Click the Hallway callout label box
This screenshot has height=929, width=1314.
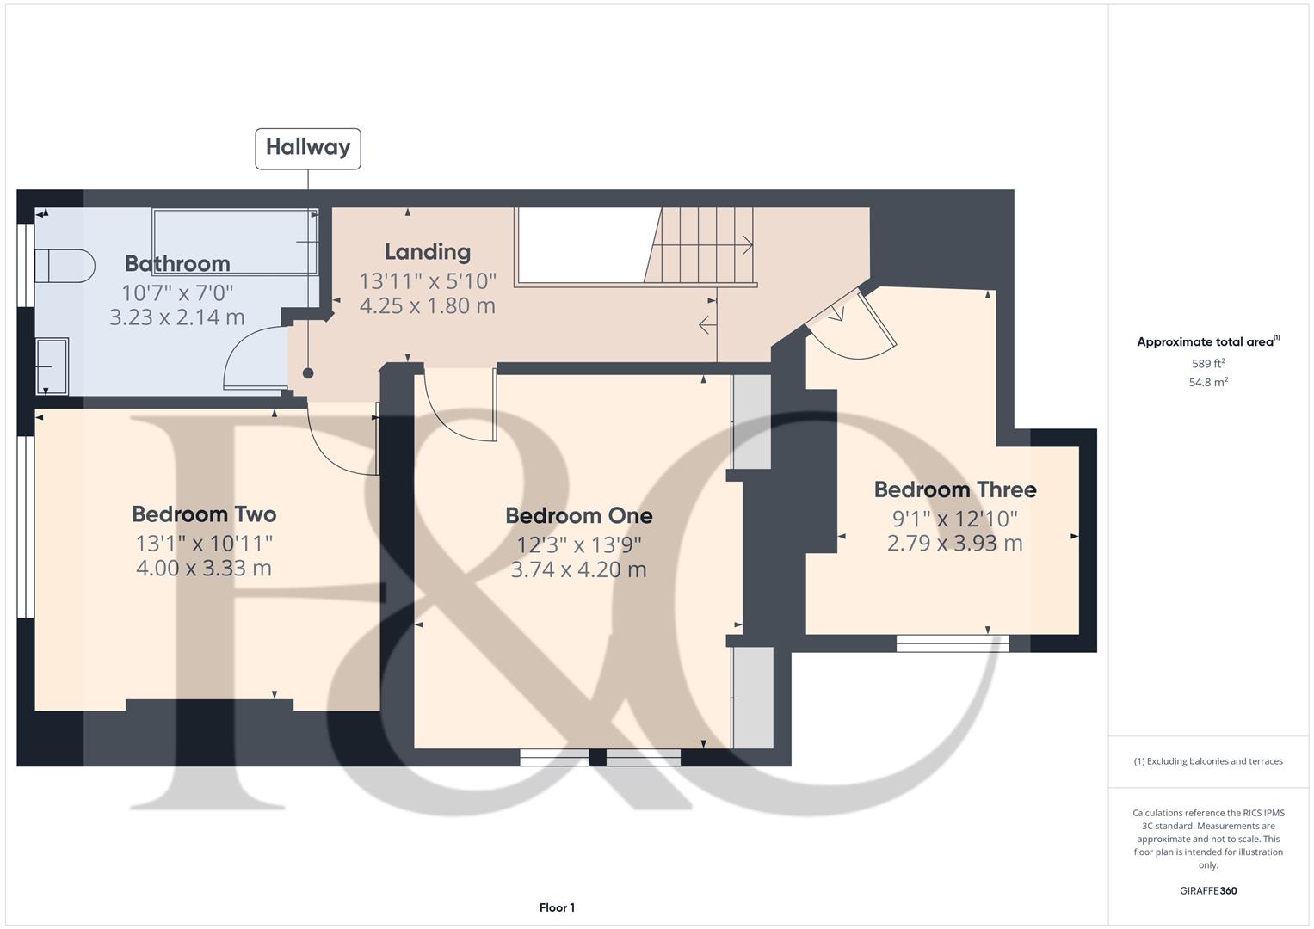pos(308,148)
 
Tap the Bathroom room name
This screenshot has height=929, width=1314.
pos(177,264)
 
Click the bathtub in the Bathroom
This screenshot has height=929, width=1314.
pos(235,241)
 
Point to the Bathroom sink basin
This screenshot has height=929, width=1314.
pos(52,366)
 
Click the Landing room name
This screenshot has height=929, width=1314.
pos(428,252)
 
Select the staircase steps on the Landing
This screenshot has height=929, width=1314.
pos(702,244)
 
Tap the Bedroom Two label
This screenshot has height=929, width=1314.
pos(204,514)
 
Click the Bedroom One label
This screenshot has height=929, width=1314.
pos(578,516)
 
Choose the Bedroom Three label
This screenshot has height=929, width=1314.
pos(955,490)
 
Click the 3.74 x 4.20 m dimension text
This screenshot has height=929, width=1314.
pos(578,569)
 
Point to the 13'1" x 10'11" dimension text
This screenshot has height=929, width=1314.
pos(204,544)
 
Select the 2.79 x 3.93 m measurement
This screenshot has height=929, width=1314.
pos(955,544)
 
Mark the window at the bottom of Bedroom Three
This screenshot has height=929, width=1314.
pos(953,643)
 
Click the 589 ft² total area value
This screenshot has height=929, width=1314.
pos(1208,364)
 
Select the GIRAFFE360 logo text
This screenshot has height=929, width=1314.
pos(1208,891)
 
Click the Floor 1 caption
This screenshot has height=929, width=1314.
pos(557,907)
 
